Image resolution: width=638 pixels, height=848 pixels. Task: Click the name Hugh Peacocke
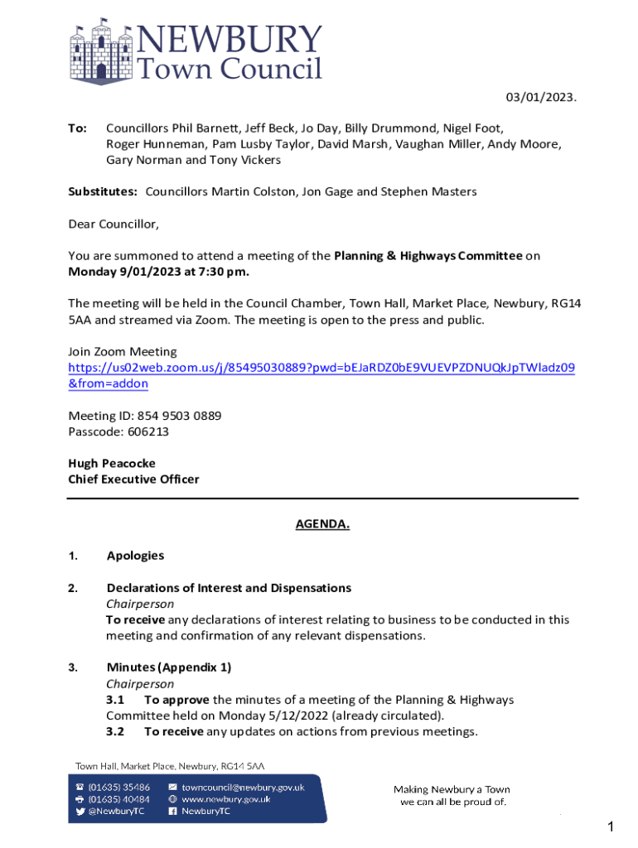(111, 463)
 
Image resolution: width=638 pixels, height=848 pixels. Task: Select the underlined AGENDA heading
(322, 524)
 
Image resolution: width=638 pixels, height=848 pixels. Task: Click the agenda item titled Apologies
(135, 556)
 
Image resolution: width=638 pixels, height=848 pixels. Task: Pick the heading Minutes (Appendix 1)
(169, 667)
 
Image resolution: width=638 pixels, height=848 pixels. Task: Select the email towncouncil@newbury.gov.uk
(243, 788)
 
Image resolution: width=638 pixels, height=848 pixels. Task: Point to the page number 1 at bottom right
(611, 826)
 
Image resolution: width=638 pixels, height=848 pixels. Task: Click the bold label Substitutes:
(103, 192)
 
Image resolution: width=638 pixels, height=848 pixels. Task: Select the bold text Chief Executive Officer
(133, 479)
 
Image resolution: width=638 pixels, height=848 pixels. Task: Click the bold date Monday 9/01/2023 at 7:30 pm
(158, 272)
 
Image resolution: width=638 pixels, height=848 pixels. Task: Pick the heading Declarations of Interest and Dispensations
(229, 588)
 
